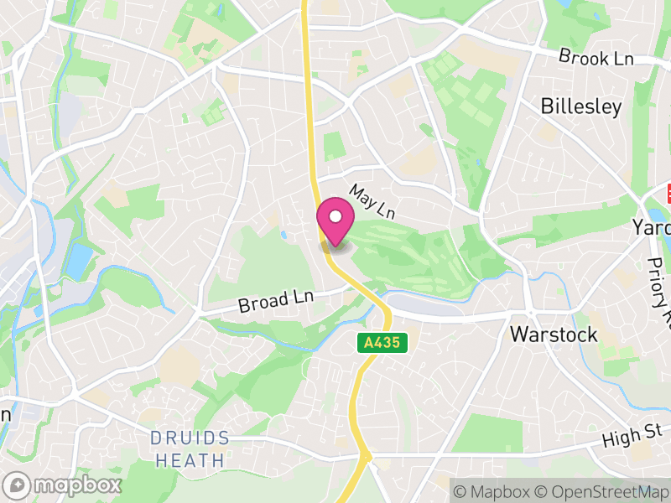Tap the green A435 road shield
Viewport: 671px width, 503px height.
click(385, 343)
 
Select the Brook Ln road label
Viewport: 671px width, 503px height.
click(596, 57)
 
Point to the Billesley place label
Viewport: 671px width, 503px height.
click(581, 106)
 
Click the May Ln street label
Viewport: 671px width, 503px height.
click(372, 202)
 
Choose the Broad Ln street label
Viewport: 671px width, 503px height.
click(274, 300)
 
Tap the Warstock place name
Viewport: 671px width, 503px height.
click(554, 334)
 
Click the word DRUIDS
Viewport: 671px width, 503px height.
click(190, 438)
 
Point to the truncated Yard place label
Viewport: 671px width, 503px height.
click(653, 228)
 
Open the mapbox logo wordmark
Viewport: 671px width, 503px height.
click(64, 485)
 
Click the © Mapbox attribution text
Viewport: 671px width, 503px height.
click(491, 491)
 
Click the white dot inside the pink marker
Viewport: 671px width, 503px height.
click(335, 216)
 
